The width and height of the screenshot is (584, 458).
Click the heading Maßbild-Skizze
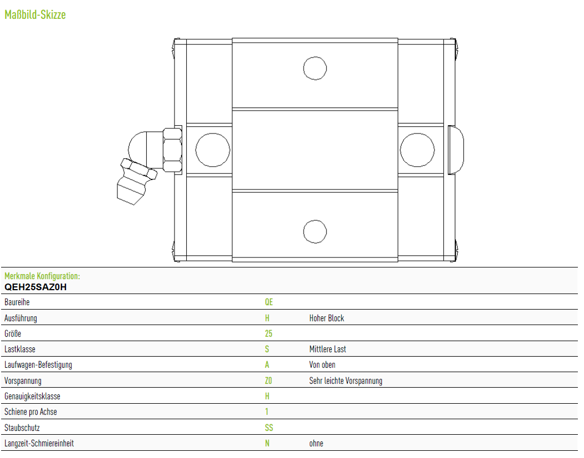[x=35, y=14]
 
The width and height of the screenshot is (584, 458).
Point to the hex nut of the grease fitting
[x=172, y=150]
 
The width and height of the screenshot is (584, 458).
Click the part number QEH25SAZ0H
[x=35, y=287]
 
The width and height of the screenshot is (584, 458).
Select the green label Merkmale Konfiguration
[x=42, y=276]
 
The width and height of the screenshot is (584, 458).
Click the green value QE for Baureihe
[x=269, y=302]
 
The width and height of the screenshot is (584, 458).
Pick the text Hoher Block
[x=327, y=318]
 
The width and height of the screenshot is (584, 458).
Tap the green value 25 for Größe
[x=269, y=333]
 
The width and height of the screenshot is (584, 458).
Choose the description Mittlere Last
[x=327, y=349]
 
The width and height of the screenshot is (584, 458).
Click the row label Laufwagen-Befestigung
[x=38, y=365]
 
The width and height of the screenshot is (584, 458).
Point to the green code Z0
[x=268, y=380]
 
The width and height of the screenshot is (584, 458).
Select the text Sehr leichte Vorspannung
[x=346, y=381]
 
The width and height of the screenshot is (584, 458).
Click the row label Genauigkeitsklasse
[x=32, y=396]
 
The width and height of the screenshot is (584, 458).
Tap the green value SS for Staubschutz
[x=269, y=428]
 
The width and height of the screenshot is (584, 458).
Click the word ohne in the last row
[x=316, y=444]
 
